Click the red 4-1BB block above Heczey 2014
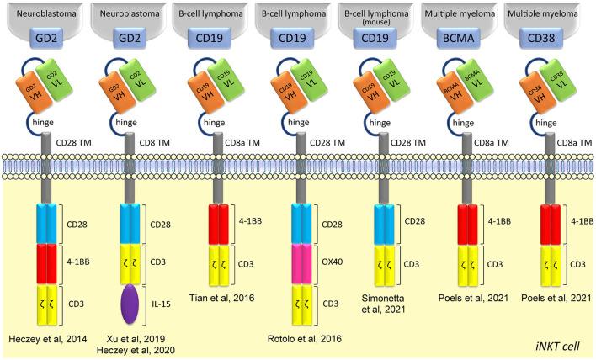tap(48, 261)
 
